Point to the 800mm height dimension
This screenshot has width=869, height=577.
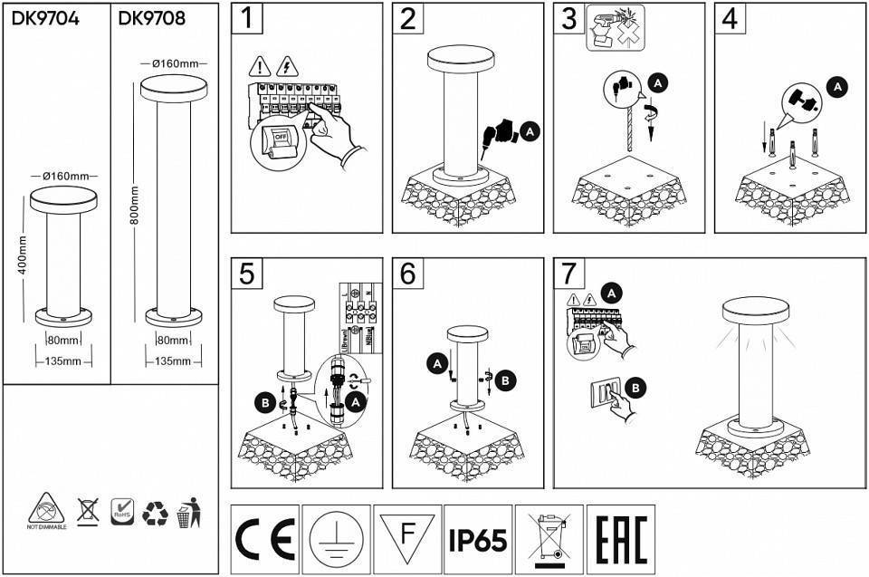pos(134,207)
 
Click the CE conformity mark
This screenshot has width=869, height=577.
pos(265,540)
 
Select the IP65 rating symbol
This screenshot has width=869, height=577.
pos(478,540)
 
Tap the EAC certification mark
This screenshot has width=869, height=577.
pos(620,540)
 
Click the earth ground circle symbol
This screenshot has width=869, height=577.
pos(337,540)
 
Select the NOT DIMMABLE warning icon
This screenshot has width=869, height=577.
pos(47,511)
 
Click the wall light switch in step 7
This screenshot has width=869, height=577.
pos(606,391)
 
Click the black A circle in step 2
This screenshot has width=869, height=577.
pos(531,132)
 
